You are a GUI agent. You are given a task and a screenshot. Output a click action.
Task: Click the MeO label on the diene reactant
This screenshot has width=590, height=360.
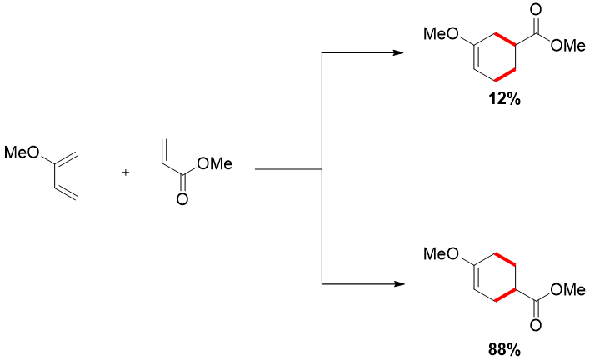click(22, 152)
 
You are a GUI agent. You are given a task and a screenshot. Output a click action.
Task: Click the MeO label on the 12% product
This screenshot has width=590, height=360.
click(440, 34)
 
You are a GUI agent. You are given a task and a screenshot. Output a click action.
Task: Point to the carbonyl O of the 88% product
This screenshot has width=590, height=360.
click(535, 327)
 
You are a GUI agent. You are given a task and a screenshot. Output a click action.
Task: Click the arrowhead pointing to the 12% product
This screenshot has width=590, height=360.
click(398, 54)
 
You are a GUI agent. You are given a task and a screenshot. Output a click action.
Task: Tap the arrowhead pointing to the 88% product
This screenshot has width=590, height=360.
click(398, 284)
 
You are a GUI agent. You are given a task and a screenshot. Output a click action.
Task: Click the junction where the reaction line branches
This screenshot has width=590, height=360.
click(322, 170)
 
